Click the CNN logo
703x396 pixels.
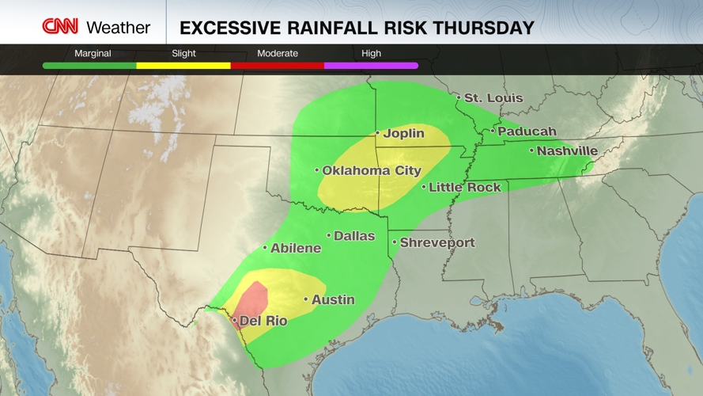point(60,27)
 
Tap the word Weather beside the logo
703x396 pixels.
point(118,28)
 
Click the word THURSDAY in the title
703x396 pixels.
point(485,29)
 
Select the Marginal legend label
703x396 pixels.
point(93,53)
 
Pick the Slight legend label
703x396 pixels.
point(183,53)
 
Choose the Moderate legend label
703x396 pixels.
point(278,53)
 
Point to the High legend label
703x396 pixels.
point(371,53)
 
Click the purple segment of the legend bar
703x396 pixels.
point(371,66)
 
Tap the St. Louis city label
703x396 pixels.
point(493,98)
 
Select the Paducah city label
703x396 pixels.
point(527,131)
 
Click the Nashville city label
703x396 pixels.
point(567,150)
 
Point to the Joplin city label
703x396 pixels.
point(403,133)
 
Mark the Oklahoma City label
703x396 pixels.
point(371,170)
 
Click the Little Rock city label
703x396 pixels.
point(464,188)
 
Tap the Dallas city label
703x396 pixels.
point(353,236)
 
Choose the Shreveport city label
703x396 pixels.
point(437,242)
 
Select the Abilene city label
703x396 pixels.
point(295,248)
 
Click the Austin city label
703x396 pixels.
point(332,299)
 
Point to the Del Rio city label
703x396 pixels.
point(263,321)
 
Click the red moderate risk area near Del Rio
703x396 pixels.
point(254,301)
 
